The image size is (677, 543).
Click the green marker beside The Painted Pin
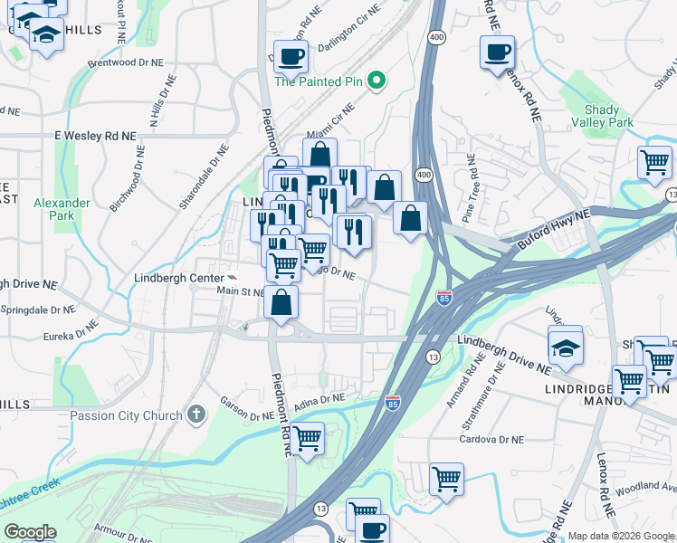[381, 81]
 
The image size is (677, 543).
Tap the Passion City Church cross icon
[195, 415]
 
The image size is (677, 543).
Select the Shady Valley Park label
[602, 115]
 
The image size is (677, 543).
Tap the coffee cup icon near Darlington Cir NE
[291, 57]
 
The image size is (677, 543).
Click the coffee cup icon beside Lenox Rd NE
[497, 52]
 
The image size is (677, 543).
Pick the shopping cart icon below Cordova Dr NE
[446, 480]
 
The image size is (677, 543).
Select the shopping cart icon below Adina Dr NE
[307, 439]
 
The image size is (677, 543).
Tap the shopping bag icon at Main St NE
[281, 302]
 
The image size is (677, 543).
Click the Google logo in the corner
[31, 532]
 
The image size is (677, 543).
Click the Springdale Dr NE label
[38, 310]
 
